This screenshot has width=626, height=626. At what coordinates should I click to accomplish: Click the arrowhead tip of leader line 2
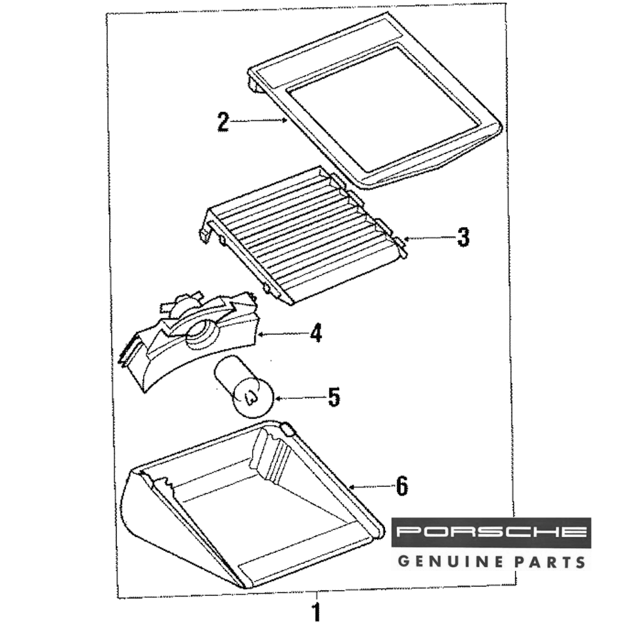click(x=287, y=120)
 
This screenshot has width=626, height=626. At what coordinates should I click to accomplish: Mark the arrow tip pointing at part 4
click(x=257, y=334)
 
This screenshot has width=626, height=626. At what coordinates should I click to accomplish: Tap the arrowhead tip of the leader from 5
click(x=274, y=398)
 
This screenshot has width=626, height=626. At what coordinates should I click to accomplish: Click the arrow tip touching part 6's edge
click(x=349, y=486)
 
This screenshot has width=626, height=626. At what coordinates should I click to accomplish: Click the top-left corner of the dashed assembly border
click(x=106, y=14)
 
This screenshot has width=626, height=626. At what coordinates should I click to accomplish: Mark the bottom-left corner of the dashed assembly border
click(x=118, y=597)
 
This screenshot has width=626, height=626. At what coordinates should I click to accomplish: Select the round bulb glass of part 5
click(x=253, y=398)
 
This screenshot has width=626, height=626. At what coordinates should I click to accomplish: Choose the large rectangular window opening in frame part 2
click(x=382, y=109)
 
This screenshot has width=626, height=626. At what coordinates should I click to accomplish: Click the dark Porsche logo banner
click(x=491, y=532)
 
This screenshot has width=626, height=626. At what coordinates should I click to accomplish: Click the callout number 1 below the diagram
click(x=316, y=612)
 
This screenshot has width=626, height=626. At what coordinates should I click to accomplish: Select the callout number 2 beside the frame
click(x=223, y=122)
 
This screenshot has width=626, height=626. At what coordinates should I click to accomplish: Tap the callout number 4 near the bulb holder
click(x=316, y=333)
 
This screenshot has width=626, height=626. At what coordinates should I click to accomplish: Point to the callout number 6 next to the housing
click(x=402, y=486)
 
